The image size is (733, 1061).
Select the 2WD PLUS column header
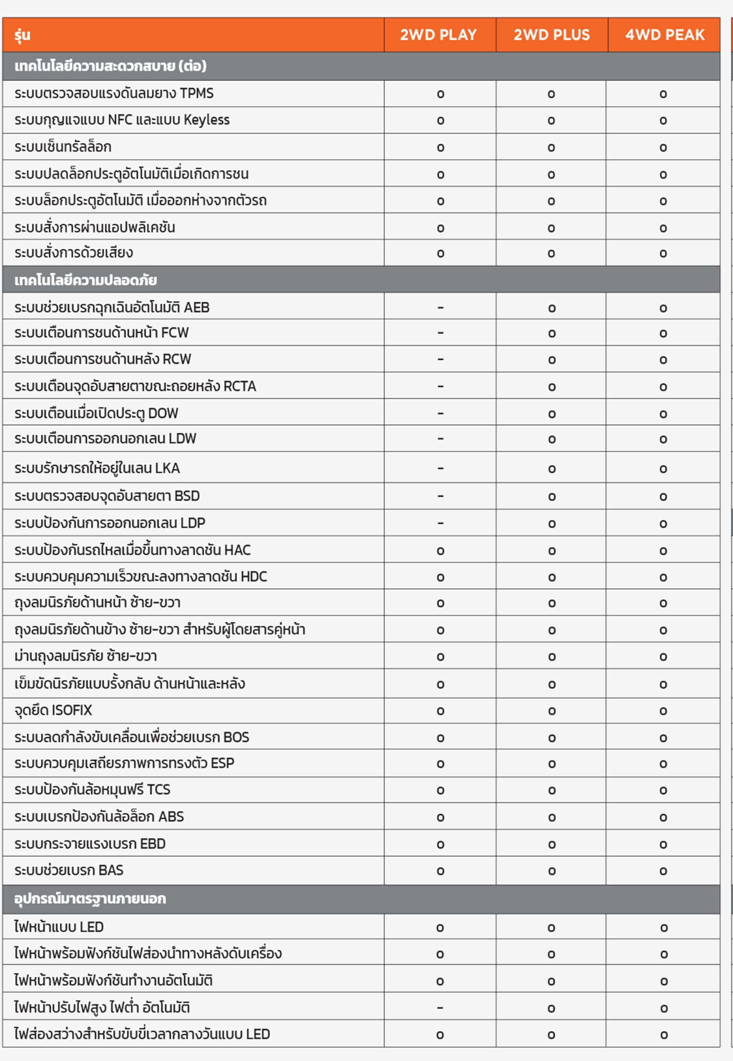tap(551, 35)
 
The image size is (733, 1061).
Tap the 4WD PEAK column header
tap(665, 35)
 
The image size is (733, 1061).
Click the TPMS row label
tap(114, 94)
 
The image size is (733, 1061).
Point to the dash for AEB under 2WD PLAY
tap(440, 307)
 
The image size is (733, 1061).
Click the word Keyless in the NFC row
tap(206, 120)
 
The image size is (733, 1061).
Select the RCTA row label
tap(135, 386)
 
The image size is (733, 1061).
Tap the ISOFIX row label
tap(53, 710)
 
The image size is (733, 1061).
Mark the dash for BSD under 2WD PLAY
tap(440, 496)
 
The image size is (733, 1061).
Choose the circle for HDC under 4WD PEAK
tap(663, 577)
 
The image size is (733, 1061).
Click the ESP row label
tap(124, 763)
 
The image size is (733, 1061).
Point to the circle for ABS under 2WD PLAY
tap(440, 818)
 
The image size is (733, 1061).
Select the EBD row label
tap(90, 844)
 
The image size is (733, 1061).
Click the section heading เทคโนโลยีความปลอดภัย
tap(86, 280)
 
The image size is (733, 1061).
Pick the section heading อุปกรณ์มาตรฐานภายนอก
tap(90, 899)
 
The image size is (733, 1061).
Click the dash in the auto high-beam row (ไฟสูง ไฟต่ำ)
tap(440, 1008)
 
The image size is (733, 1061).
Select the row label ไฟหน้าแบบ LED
tap(59, 927)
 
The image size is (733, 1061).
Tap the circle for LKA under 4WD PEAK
tap(663, 469)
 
